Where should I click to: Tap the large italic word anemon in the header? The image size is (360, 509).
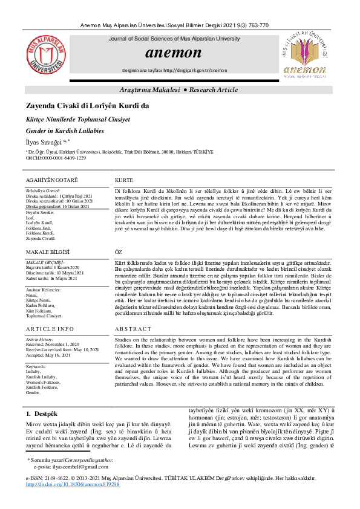174,53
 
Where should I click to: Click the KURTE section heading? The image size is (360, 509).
123,181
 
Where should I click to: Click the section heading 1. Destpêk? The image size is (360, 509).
41,414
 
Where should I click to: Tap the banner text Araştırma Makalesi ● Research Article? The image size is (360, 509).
179,89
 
